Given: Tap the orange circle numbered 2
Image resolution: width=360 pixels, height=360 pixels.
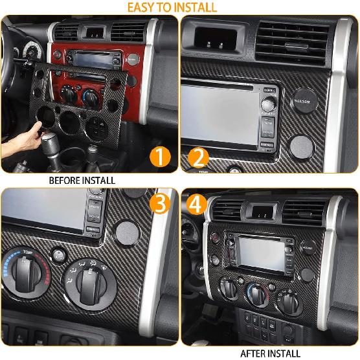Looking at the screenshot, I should click(x=198, y=156).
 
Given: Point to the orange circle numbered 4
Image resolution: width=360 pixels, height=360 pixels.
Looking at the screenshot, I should click(x=198, y=205).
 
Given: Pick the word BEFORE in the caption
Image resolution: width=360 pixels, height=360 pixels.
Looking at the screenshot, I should click(x=65, y=180).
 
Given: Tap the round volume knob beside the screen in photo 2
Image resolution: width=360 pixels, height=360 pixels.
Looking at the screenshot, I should click(x=267, y=102).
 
